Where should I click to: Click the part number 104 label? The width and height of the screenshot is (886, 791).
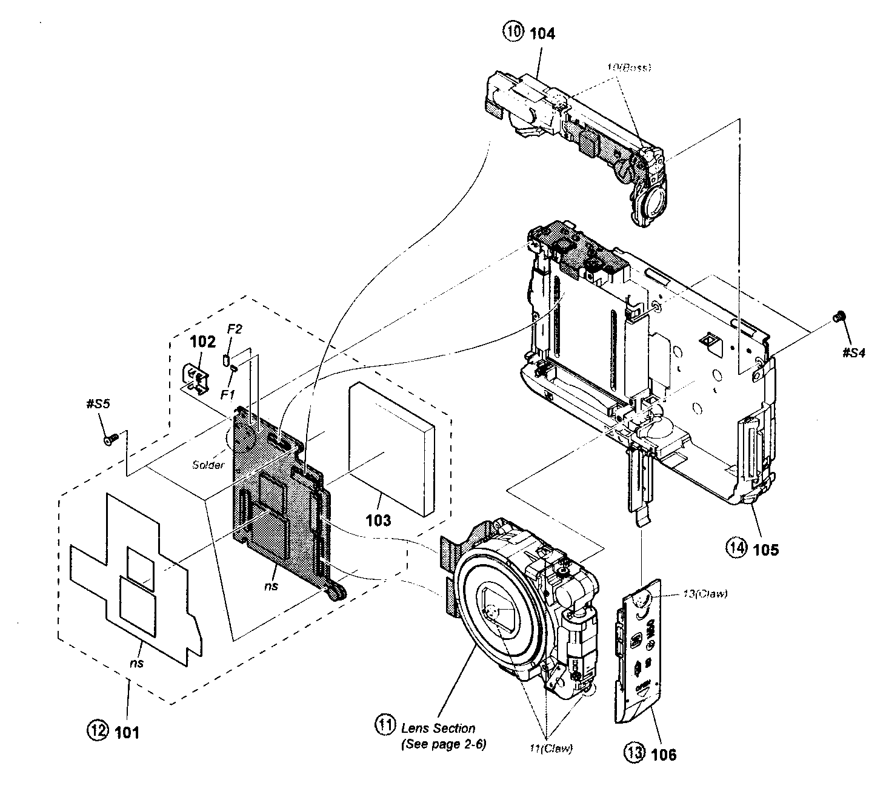(542, 33)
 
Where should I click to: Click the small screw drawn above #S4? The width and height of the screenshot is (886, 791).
(840, 315)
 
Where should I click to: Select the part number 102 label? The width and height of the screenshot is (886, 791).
(202, 342)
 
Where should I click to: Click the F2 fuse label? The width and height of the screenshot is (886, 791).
(235, 329)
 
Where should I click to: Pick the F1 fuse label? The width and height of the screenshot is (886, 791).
(228, 394)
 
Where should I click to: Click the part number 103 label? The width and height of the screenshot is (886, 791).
(378, 520)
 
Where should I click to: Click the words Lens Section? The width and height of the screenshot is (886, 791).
(438, 728)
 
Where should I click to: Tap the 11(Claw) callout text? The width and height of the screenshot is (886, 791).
(547, 749)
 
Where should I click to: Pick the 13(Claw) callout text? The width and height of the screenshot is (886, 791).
(705, 594)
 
